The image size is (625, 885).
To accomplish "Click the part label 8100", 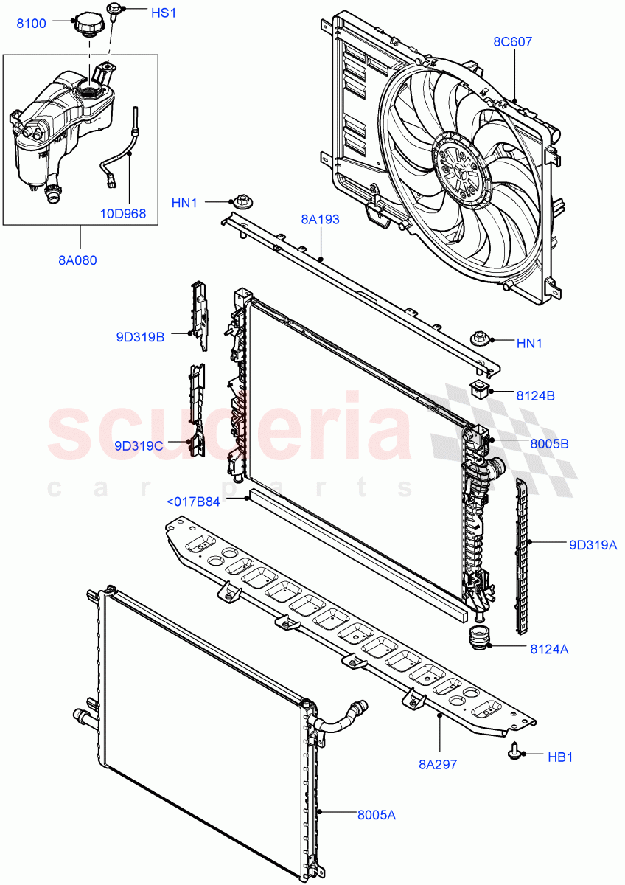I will click(32, 24).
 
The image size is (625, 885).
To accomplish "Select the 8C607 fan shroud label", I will click(512, 42).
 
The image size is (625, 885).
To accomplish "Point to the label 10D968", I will click(123, 215).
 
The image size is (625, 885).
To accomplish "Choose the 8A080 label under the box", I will click(79, 260).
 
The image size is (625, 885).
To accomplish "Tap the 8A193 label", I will click(320, 220).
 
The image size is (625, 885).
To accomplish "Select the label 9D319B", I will click(139, 338).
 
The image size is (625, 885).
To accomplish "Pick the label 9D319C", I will click(139, 445).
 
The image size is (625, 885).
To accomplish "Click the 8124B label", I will click(535, 395).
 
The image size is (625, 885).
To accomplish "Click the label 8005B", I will click(548, 444).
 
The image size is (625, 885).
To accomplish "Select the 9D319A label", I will click(593, 546).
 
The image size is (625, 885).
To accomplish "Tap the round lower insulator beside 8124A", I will click(480, 639).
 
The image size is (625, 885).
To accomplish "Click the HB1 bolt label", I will click(560, 757).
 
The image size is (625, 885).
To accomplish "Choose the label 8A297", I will click(437, 764).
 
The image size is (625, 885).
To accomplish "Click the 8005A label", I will click(377, 815).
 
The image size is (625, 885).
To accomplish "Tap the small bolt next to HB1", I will click(513, 752).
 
